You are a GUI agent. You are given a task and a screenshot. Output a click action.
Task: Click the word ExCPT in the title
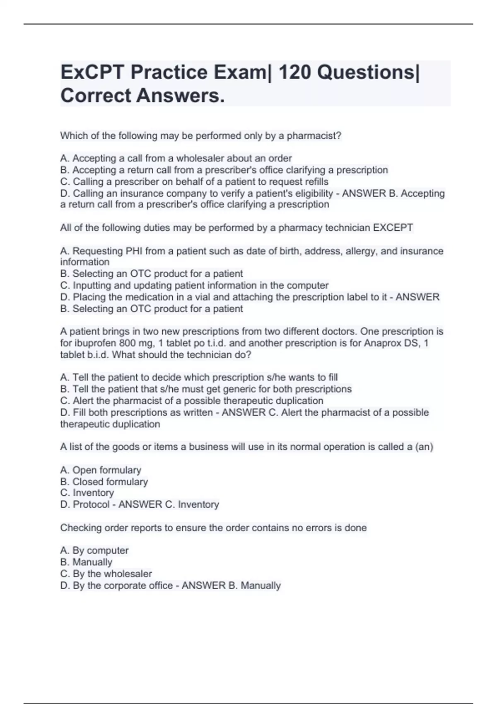coord(92,72)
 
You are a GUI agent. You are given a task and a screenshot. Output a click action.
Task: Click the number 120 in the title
coord(294,72)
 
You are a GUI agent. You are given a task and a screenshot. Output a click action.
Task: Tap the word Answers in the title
coord(181,96)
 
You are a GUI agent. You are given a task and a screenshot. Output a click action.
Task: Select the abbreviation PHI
coord(134,251)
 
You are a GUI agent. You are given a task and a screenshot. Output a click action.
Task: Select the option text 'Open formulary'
coord(106,470)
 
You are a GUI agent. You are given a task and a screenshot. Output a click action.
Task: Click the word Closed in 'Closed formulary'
coord(88,482)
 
